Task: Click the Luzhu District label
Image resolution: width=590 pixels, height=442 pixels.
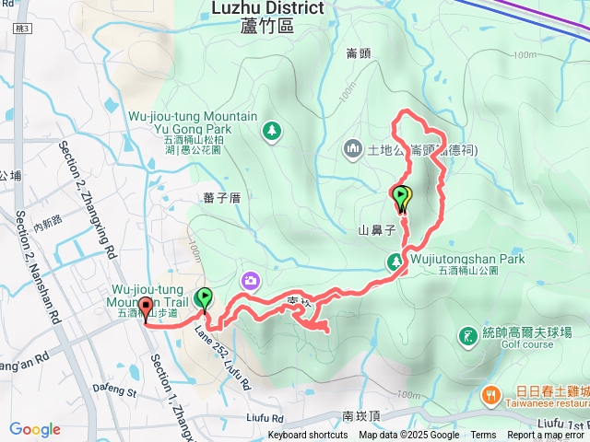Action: (x=267, y=8)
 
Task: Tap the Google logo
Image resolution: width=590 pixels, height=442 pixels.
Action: (x=35, y=429)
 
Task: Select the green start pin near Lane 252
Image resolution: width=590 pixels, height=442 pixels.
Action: (x=205, y=299)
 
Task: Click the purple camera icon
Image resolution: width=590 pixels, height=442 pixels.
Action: (x=251, y=280)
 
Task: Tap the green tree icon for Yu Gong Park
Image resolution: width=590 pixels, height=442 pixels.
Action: (x=272, y=132)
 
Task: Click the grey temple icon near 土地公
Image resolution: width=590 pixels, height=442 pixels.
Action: (x=353, y=148)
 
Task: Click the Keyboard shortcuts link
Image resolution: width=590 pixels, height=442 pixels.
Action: (x=308, y=436)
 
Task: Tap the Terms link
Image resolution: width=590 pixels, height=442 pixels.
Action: (x=483, y=436)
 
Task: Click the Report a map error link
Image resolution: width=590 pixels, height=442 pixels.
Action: (x=547, y=436)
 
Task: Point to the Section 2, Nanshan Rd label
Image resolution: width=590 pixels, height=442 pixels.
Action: (x=38, y=266)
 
